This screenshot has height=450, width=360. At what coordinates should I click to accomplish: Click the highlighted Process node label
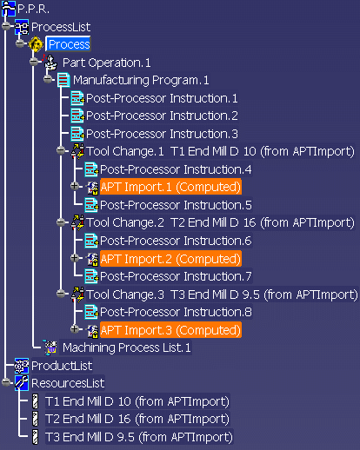click(x=69, y=44)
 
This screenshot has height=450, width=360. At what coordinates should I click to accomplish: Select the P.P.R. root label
click(x=33, y=10)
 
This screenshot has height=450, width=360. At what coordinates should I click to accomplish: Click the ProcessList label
click(x=61, y=27)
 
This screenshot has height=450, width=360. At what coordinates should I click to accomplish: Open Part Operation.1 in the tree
click(x=106, y=63)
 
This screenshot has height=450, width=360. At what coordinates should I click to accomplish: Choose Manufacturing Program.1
click(x=141, y=80)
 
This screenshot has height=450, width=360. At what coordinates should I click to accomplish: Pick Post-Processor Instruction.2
click(x=162, y=116)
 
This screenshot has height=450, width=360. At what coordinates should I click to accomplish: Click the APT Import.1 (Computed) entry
click(x=170, y=187)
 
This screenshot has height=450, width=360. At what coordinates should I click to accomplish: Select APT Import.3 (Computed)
click(x=170, y=330)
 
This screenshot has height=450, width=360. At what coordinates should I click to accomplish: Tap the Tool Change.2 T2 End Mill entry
click(x=220, y=223)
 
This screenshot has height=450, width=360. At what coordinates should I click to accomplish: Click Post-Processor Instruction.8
click(x=176, y=312)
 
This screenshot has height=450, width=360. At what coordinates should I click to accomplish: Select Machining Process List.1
click(x=127, y=347)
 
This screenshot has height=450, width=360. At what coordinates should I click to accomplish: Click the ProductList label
click(x=62, y=366)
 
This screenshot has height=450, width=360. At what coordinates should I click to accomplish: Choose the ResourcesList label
click(x=68, y=383)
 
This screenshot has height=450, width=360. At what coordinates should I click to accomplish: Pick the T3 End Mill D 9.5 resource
click(x=139, y=437)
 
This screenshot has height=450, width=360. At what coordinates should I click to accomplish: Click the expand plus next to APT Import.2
click(x=75, y=257)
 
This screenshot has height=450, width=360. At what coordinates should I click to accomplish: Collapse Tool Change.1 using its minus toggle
click(x=61, y=150)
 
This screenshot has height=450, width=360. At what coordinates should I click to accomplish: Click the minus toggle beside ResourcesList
click(x=6, y=382)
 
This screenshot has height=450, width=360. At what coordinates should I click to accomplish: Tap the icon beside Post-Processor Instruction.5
click(x=91, y=205)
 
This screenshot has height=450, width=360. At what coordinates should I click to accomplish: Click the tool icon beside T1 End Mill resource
click(x=35, y=401)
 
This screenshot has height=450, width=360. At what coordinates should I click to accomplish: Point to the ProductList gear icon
click(x=22, y=366)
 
